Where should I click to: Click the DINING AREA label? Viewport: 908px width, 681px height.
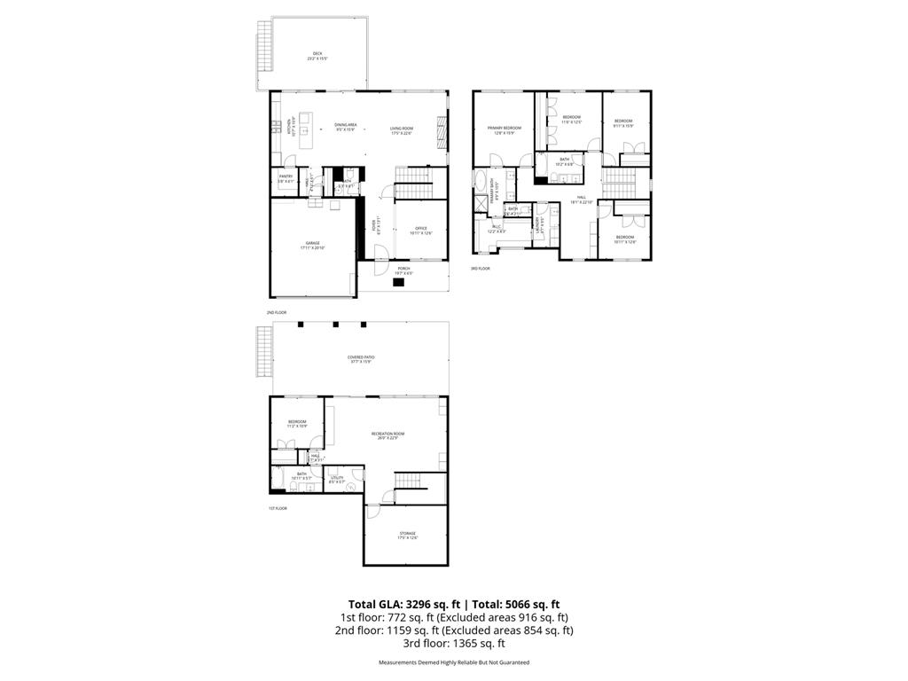[x=345, y=126]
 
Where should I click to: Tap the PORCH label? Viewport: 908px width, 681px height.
[x=403, y=270]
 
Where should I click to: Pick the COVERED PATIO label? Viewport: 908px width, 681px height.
[x=359, y=359]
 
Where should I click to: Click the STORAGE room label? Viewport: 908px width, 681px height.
[x=407, y=535]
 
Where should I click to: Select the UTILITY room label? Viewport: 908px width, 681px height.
[x=337, y=480]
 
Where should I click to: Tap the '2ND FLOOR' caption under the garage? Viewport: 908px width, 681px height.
[x=277, y=312]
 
